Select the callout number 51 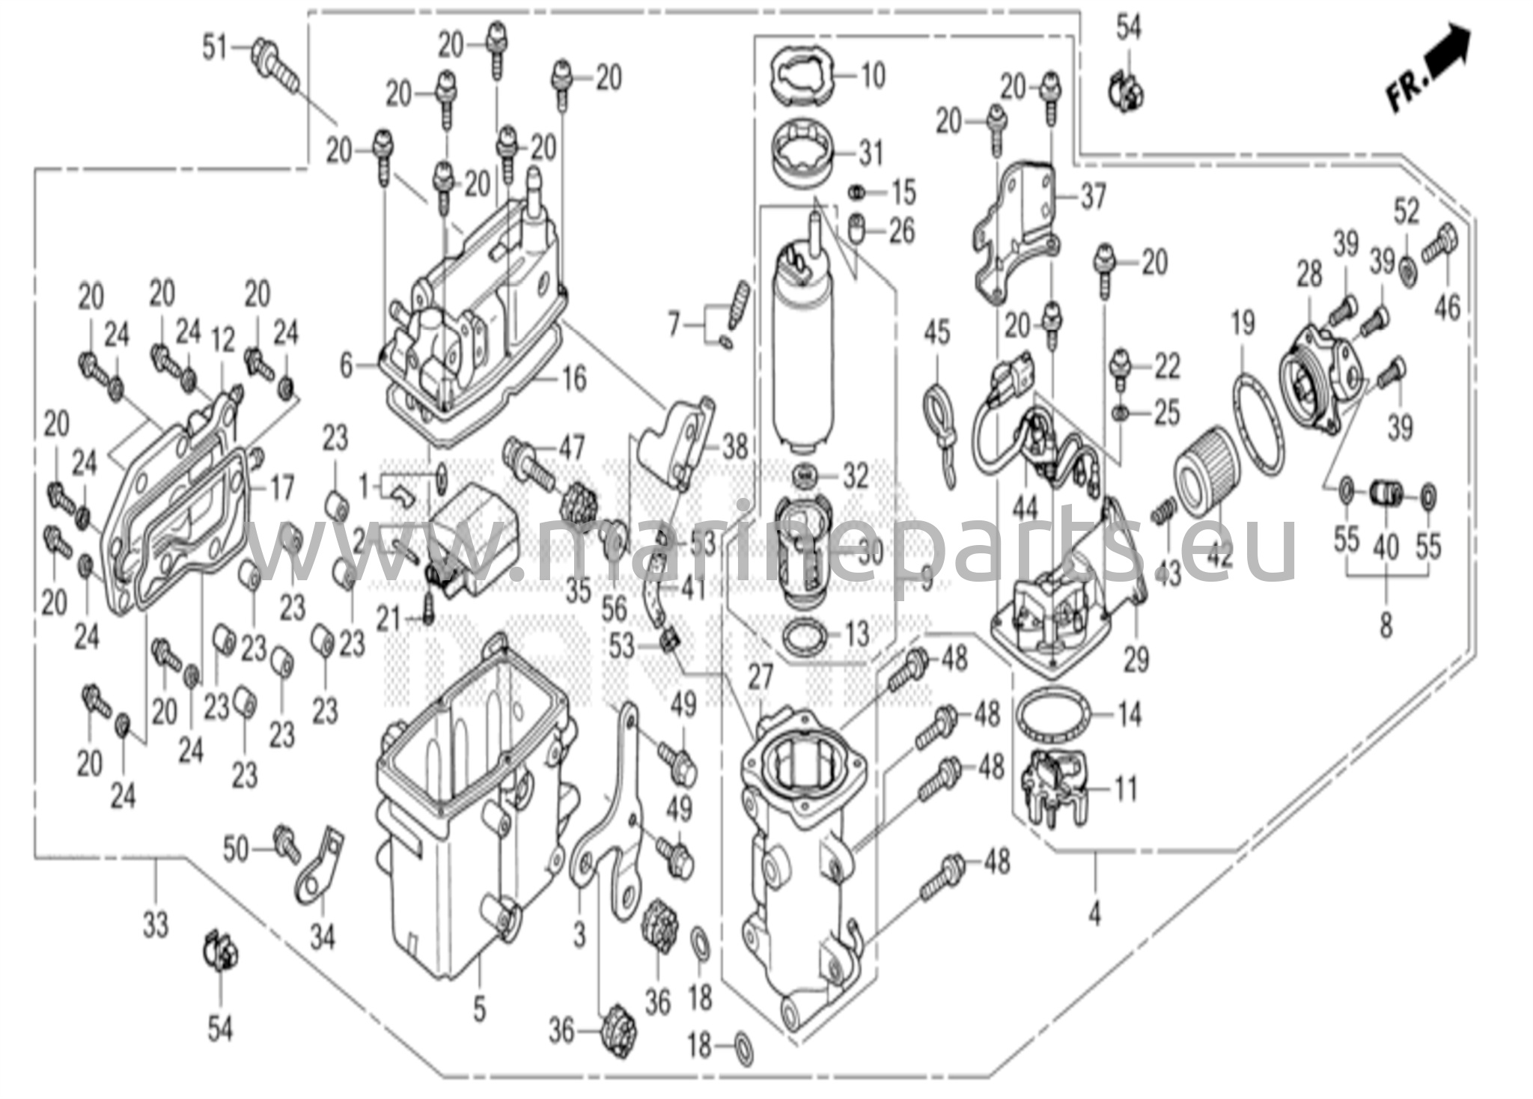(216, 49)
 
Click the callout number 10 (872, 76)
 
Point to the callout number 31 (871, 155)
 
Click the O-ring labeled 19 (1259, 423)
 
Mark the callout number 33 (156, 926)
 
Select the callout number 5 (479, 1009)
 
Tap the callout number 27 (761, 678)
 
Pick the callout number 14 (1129, 714)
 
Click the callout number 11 (1126, 788)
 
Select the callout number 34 (323, 937)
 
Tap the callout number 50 (236, 850)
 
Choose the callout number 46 (1448, 306)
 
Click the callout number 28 (1310, 275)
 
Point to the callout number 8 (1386, 624)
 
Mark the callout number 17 (281, 490)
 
